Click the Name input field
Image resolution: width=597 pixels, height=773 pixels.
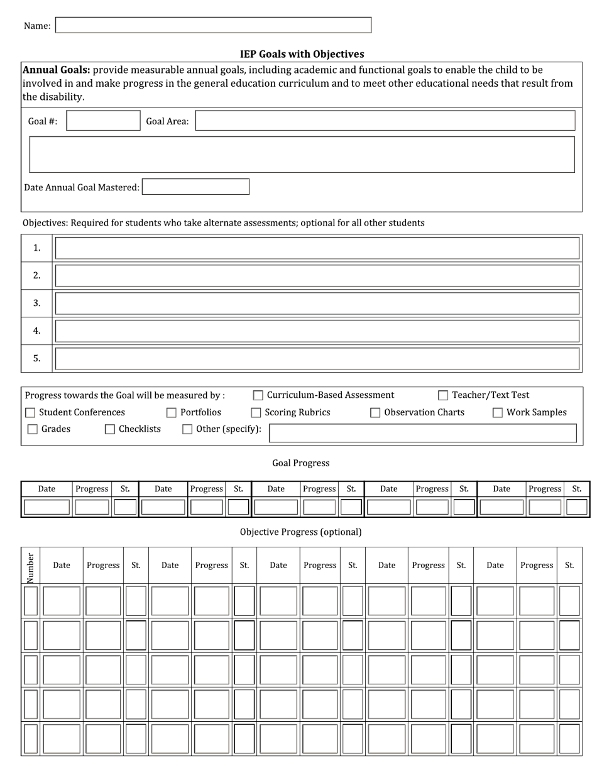(213, 25)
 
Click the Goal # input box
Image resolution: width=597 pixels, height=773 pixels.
(103, 121)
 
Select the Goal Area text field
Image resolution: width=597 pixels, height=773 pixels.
(385, 121)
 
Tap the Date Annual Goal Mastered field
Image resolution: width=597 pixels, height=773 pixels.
(195, 187)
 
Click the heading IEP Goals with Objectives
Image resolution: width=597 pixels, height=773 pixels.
(302, 54)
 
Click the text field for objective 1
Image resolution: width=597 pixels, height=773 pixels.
(317, 248)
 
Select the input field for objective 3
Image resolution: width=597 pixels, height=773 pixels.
(317, 304)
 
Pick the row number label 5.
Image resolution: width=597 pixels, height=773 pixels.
(37, 358)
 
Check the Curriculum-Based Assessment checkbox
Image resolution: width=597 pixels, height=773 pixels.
(258, 395)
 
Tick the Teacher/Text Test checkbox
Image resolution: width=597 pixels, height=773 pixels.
(443, 395)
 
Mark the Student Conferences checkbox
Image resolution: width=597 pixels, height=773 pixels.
(30, 413)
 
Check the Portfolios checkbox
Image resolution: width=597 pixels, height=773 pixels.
(171, 413)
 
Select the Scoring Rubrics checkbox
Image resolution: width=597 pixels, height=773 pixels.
(256, 413)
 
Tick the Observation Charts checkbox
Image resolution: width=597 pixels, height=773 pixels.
(375, 413)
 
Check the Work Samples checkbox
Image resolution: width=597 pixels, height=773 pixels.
(498, 413)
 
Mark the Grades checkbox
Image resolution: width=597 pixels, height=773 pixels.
(33, 429)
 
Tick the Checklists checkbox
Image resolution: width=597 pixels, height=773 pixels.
(110, 429)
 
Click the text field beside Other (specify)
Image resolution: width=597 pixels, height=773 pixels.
(422, 433)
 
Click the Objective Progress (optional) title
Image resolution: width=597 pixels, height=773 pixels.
(300, 532)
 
